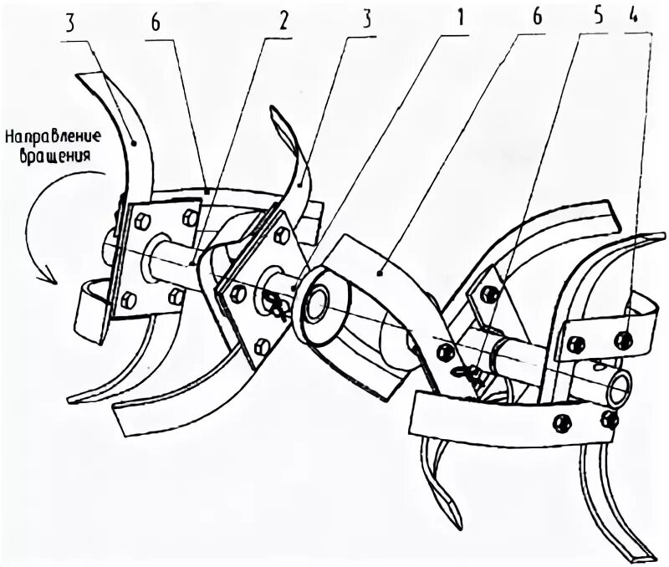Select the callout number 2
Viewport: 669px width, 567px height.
tap(283, 19)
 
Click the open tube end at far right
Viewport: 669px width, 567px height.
tap(620, 386)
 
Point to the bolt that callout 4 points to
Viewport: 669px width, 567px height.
tap(622, 340)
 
